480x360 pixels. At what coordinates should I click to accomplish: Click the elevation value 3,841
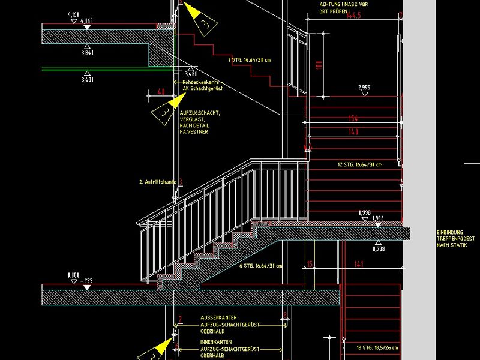click(x=88, y=52)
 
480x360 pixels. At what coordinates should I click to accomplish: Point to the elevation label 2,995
click(x=364, y=88)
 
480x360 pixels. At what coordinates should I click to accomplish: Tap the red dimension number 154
click(x=353, y=118)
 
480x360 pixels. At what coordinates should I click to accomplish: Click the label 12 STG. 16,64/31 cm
click(x=359, y=164)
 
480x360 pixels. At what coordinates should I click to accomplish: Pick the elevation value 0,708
click(x=379, y=248)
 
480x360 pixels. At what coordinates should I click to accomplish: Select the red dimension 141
click(x=359, y=263)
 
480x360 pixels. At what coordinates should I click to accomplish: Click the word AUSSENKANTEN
click(x=218, y=317)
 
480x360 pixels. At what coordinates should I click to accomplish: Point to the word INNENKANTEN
click(x=217, y=342)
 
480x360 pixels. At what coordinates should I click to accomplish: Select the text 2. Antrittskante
click(x=157, y=181)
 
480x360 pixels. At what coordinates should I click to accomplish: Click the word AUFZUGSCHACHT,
click(x=200, y=113)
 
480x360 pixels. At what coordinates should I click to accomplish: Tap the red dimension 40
click(x=161, y=91)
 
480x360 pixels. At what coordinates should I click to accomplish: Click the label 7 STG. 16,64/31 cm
click(x=250, y=60)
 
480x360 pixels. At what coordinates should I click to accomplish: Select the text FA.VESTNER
click(x=194, y=131)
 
